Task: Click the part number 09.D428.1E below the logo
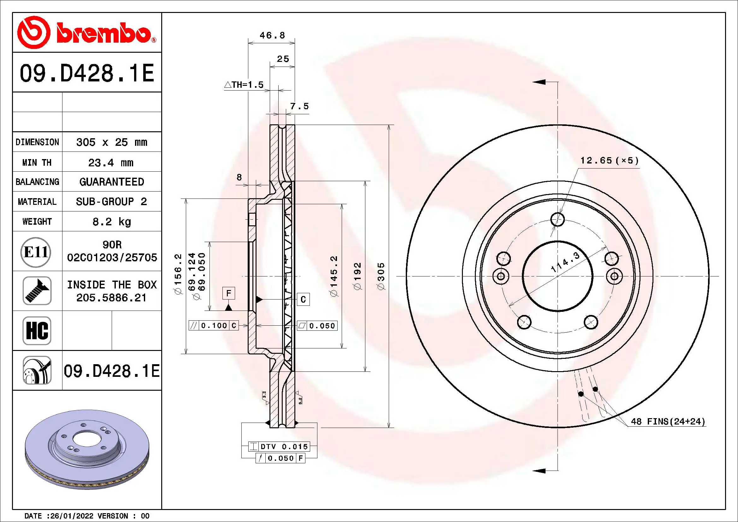click(87, 73)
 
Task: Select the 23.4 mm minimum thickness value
click(111, 163)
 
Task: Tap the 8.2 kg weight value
click(111, 222)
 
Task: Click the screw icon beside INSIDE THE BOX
click(37, 291)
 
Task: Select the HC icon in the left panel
click(37, 331)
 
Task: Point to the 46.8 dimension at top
click(272, 35)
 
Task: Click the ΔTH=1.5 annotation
click(244, 85)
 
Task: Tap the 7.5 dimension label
click(299, 106)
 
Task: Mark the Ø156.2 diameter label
click(178, 274)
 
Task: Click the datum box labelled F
click(228, 294)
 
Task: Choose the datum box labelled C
click(303, 300)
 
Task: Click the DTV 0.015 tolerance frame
click(279, 447)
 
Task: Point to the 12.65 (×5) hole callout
click(609, 160)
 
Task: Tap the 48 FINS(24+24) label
click(668, 421)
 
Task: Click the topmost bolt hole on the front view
click(557, 220)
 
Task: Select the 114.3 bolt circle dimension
click(565, 262)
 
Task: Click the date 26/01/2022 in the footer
click(72, 516)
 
